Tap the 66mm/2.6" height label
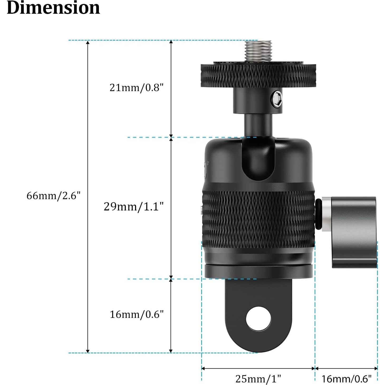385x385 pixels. click(x=53, y=196)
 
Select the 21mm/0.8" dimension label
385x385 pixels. click(x=137, y=88)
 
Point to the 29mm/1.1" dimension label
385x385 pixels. click(x=134, y=206)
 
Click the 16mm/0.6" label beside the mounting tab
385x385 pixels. click(x=137, y=314)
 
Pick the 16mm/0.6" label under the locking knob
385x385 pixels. click(x=346, y=379)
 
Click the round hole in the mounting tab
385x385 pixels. click(x=258, y=319)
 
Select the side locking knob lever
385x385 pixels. click(x=353, y=232)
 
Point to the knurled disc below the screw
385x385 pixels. click(x=258, y=75)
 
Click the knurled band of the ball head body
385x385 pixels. click(x=258, y=219)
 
